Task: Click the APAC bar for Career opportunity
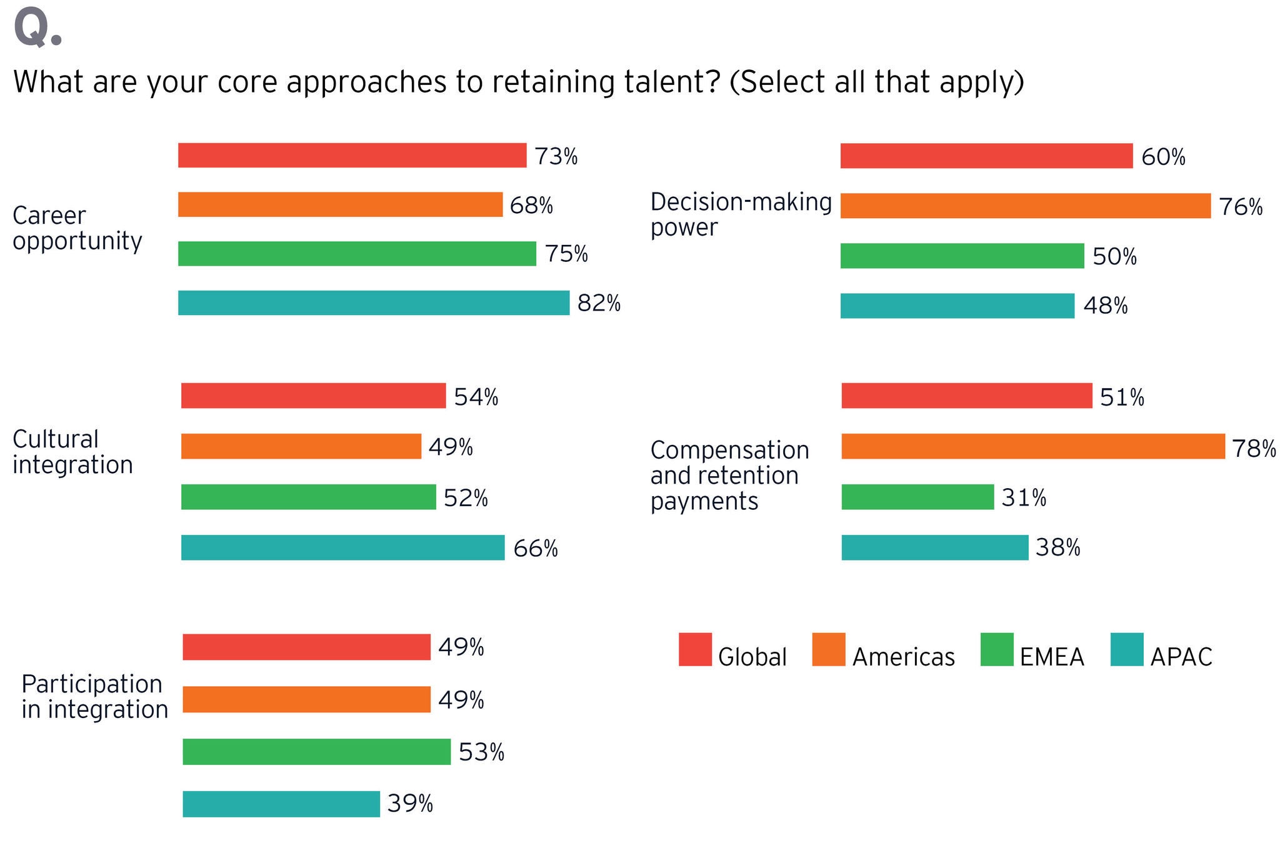coord(374,303)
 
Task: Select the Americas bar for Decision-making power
coord(1025,206)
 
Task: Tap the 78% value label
coord(1254,448)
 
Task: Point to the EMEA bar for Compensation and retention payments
coord(917,497)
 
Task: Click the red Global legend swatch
coord(695,650)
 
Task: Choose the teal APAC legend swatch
coord(1127,650)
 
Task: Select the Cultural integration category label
coord(72,452)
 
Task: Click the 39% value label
coord(410,804)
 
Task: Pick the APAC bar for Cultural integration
coord(342,547)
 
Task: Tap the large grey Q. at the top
coord(37,28)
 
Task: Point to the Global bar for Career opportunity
coord(352,156)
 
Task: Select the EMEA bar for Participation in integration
coord(316,752)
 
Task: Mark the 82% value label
coord(599,303)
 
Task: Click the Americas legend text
coord(903,657)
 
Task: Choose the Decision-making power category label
coord(741,214)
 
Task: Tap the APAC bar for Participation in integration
coord(281,804)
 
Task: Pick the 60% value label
coord(1163,157)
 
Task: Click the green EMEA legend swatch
coord(997,650)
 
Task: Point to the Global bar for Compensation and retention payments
coord(966,396)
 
